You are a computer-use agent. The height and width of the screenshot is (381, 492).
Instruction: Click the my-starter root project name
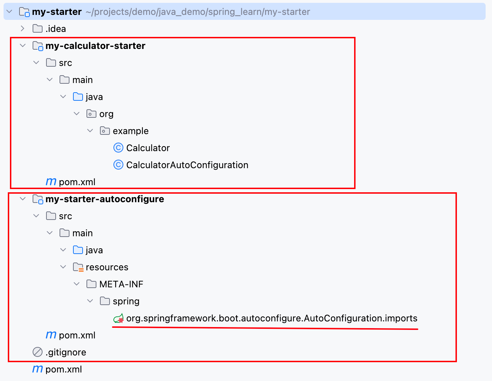pos(57,12)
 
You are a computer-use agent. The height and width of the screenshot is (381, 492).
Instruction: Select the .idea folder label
pos(56,29)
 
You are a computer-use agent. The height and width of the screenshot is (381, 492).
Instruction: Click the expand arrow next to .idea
pos(22,28)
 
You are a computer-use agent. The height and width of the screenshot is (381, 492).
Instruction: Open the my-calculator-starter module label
pos(95,46)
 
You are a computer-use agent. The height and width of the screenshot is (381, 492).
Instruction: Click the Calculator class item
pos(148,148)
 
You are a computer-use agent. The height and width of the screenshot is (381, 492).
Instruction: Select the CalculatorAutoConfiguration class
pos(187,165)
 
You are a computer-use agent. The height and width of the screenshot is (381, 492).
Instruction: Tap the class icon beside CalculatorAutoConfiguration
pos(118,165)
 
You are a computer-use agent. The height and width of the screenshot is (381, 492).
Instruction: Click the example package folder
pos(131,131)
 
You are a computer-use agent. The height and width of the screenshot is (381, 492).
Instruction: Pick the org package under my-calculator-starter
pos(106,114)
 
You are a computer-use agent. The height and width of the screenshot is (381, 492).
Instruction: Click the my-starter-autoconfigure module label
pos(105,199)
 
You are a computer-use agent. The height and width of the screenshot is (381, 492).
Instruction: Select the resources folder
pos(107,267)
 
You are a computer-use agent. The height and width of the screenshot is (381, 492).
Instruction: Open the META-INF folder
pos(121,284)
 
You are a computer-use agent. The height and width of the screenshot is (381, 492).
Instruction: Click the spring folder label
pos(126,302)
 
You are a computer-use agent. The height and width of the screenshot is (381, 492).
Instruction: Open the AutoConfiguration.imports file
pos(272,318)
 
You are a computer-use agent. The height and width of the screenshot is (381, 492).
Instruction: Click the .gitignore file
pos(66,353)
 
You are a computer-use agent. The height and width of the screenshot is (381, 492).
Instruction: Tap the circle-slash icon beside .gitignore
pos(38,352)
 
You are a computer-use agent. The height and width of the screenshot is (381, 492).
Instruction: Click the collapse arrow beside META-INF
pos(77,284)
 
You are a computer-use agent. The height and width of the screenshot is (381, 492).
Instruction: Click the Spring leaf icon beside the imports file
pos(119,318)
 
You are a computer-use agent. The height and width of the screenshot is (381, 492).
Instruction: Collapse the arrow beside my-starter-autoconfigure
pos(23,199)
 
